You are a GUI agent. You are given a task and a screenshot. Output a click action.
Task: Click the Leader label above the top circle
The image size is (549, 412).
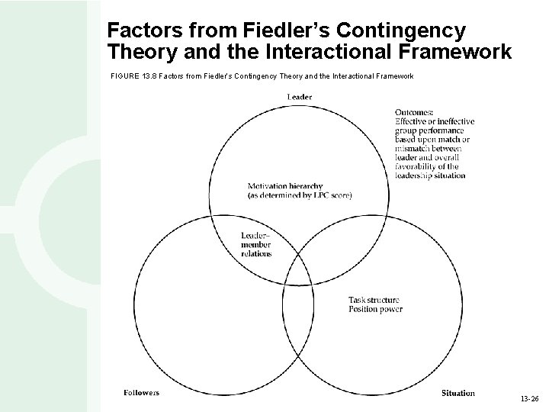pos(300,96)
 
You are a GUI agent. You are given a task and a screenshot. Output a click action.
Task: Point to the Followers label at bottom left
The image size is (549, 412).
pos(142,393)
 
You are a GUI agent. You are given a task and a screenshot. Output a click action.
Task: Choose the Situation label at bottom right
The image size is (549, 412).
pos(457,393)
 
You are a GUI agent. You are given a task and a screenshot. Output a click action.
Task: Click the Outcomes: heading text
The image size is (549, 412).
pos(415,111)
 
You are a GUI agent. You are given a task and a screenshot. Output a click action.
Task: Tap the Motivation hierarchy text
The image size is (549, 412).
pos(285,185)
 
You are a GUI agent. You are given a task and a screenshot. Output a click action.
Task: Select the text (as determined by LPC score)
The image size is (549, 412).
pos(300,195)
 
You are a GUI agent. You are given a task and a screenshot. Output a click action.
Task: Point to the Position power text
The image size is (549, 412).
pos(374,309)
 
